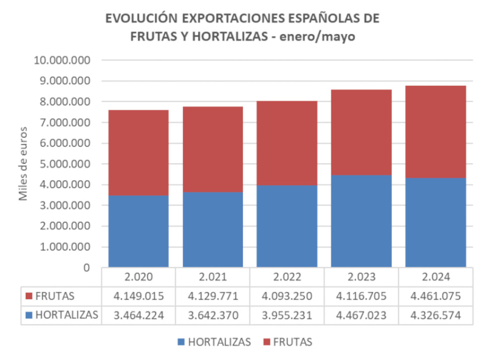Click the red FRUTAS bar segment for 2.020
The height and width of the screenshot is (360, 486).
click(138, 152)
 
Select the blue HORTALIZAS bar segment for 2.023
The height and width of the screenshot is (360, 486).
click(361, 221)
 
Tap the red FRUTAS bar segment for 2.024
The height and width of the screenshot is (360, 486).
click(435, 131)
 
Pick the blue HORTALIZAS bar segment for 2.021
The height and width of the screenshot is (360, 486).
click(213, 230)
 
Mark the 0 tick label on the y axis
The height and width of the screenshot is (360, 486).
click(86, 268)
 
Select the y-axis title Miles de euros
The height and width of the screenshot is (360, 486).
click(23, 164)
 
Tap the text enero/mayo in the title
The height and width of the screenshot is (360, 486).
click(324, 37)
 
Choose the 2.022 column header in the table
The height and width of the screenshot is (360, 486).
click(287, 276)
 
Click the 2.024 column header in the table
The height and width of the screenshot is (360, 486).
click(435, 276)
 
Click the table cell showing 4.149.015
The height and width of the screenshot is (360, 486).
click(138, 296)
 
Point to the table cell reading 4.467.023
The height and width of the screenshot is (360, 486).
click(361, 314)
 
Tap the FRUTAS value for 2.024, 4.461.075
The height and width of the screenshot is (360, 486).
click(435, 296)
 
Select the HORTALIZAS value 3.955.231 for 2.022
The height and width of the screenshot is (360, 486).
click(287, 314)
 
